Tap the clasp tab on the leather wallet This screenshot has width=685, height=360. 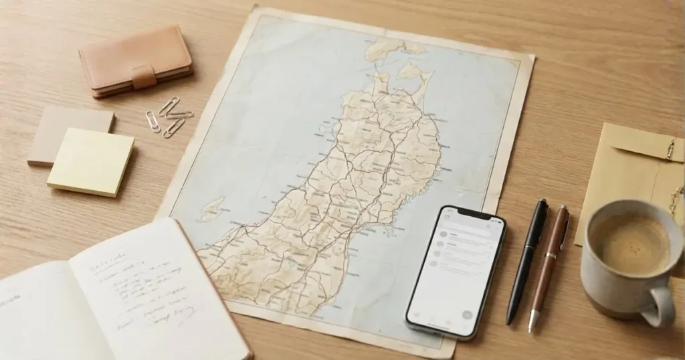(142, 76)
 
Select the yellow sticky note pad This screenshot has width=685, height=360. (90, 162)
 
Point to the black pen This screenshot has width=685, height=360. (526, 261)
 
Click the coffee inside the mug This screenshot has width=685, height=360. (631, 243)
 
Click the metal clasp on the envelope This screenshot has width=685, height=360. (670, 149)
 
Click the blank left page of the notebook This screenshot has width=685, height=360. (47, 314)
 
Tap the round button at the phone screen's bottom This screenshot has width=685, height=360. (466, 314)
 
